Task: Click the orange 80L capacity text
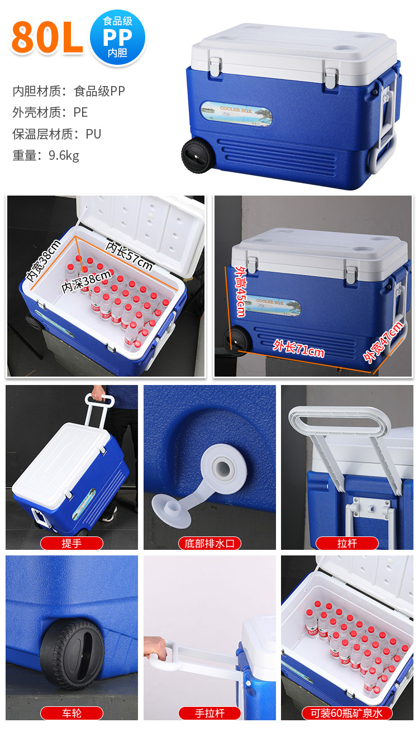(x=47, y=37)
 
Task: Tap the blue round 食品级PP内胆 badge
(x=118, y=37)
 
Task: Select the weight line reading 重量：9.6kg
(x=46, y=155)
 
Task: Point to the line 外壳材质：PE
(x=50, y=112)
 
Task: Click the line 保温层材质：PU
(x=56, y=134)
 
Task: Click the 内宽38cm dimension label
(x=44, y=260)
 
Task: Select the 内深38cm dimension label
(x=86, y=281)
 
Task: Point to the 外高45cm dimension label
(x=241, y=291)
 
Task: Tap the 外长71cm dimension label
(x=299, y=348)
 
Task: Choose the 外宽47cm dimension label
(x=383, y=342)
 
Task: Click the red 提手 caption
(x=72, y=544)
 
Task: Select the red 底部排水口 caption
(x=209, y=544)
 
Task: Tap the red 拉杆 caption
(x=347, y=544)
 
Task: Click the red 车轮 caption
(x=72, y=713)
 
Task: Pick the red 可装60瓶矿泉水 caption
(x=347, y=713)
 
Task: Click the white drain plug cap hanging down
(x=172, y=510)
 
